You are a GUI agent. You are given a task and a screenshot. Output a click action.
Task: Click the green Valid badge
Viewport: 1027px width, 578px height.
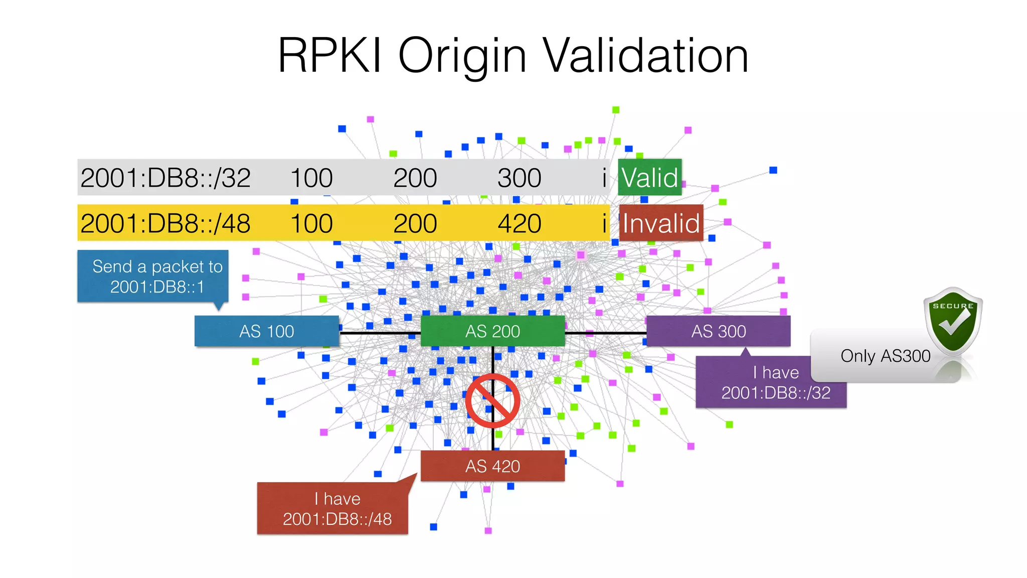pos(649,178)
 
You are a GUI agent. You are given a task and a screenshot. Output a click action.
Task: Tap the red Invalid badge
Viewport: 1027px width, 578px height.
pos(661,223)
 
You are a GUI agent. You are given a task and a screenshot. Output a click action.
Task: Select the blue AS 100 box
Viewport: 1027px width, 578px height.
pos(266,331)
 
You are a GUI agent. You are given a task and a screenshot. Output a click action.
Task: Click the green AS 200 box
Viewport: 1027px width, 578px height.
pos(492,331)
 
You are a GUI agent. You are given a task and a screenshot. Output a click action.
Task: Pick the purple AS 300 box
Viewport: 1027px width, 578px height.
pos(718,331)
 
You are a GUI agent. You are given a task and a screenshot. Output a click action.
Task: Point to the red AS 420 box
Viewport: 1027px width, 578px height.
pos(492,466)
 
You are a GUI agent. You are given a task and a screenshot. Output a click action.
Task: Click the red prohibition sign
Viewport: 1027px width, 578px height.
pos(492,401)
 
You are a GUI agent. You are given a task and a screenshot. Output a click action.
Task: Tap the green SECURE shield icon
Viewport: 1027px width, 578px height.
pos(953,321)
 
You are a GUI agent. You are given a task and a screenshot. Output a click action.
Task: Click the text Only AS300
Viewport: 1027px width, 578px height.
pos(885,356)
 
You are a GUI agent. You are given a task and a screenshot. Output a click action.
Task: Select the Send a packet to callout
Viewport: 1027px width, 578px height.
pos(153,276)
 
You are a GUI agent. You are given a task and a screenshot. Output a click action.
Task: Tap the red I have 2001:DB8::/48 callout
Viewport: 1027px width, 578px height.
pos(332,508)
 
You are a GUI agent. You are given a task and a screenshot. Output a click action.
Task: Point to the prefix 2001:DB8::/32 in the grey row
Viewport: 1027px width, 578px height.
pos(165,178)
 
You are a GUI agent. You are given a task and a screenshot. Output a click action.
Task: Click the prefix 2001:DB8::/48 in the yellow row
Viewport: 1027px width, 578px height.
pos(165,223)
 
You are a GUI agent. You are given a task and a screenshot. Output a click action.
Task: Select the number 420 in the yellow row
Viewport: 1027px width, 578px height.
pos(520,223)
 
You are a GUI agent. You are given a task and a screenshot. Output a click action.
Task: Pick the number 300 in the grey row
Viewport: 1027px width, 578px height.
pos(520,178)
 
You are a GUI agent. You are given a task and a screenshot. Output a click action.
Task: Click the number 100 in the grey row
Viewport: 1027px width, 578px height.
pos(311,178)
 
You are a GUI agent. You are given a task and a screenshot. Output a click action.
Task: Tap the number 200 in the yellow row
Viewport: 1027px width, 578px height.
pos(415,223)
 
